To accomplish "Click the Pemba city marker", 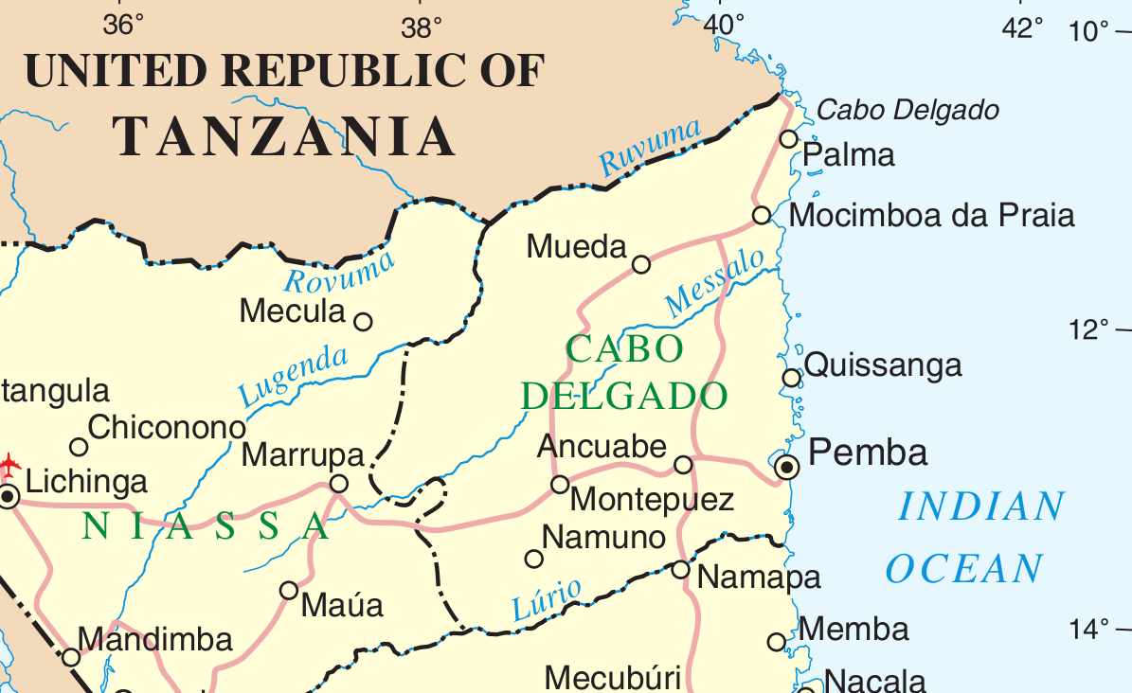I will click(786, 466).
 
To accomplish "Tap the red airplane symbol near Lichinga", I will click(9, 464).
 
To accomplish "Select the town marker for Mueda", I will click(641, 264).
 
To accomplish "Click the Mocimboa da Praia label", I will click(932, 216).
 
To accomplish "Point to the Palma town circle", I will click(789, 139).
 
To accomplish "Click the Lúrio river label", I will click(547, 599).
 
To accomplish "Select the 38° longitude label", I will click(421, 27).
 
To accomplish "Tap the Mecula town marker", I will click(363, 322).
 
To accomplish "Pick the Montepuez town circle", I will click(560, 485).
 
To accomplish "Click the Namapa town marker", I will click(680, 569).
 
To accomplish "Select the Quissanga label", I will click(883, 365).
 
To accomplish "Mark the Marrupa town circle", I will click(338, 485).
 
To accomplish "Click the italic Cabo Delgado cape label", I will click(907, 111).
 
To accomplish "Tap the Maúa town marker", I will click(289, 591).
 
